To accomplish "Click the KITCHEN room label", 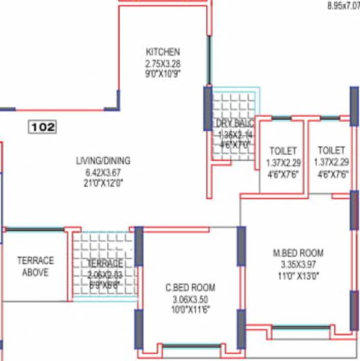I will coord(162,52).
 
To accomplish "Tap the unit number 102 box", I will coord(43,127).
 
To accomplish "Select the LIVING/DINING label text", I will coord(103,161).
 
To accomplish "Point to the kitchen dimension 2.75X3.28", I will coord(162,63).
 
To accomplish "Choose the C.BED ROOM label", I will coord(190,288).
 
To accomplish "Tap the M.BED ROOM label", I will coord(298,252).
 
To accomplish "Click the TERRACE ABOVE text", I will coord(35,267).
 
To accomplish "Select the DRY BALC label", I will coord(235,123).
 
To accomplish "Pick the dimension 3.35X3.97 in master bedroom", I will coord(298,264).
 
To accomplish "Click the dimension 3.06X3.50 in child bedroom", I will coord(190,299).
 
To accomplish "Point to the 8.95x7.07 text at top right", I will coord(343,6).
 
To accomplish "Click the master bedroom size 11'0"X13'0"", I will coord(298,275).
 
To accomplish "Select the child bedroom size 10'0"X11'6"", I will coord(190,310).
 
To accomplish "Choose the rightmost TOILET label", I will coord(331,150).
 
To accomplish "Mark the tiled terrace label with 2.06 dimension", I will coord(105,264).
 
